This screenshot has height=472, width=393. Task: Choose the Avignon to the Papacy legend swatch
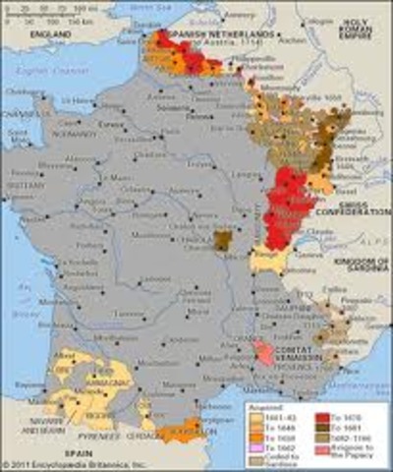pyautogui.click(x=320, y=448)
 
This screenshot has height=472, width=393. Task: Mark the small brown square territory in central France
pyautogui.click(x=223, y=240)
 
